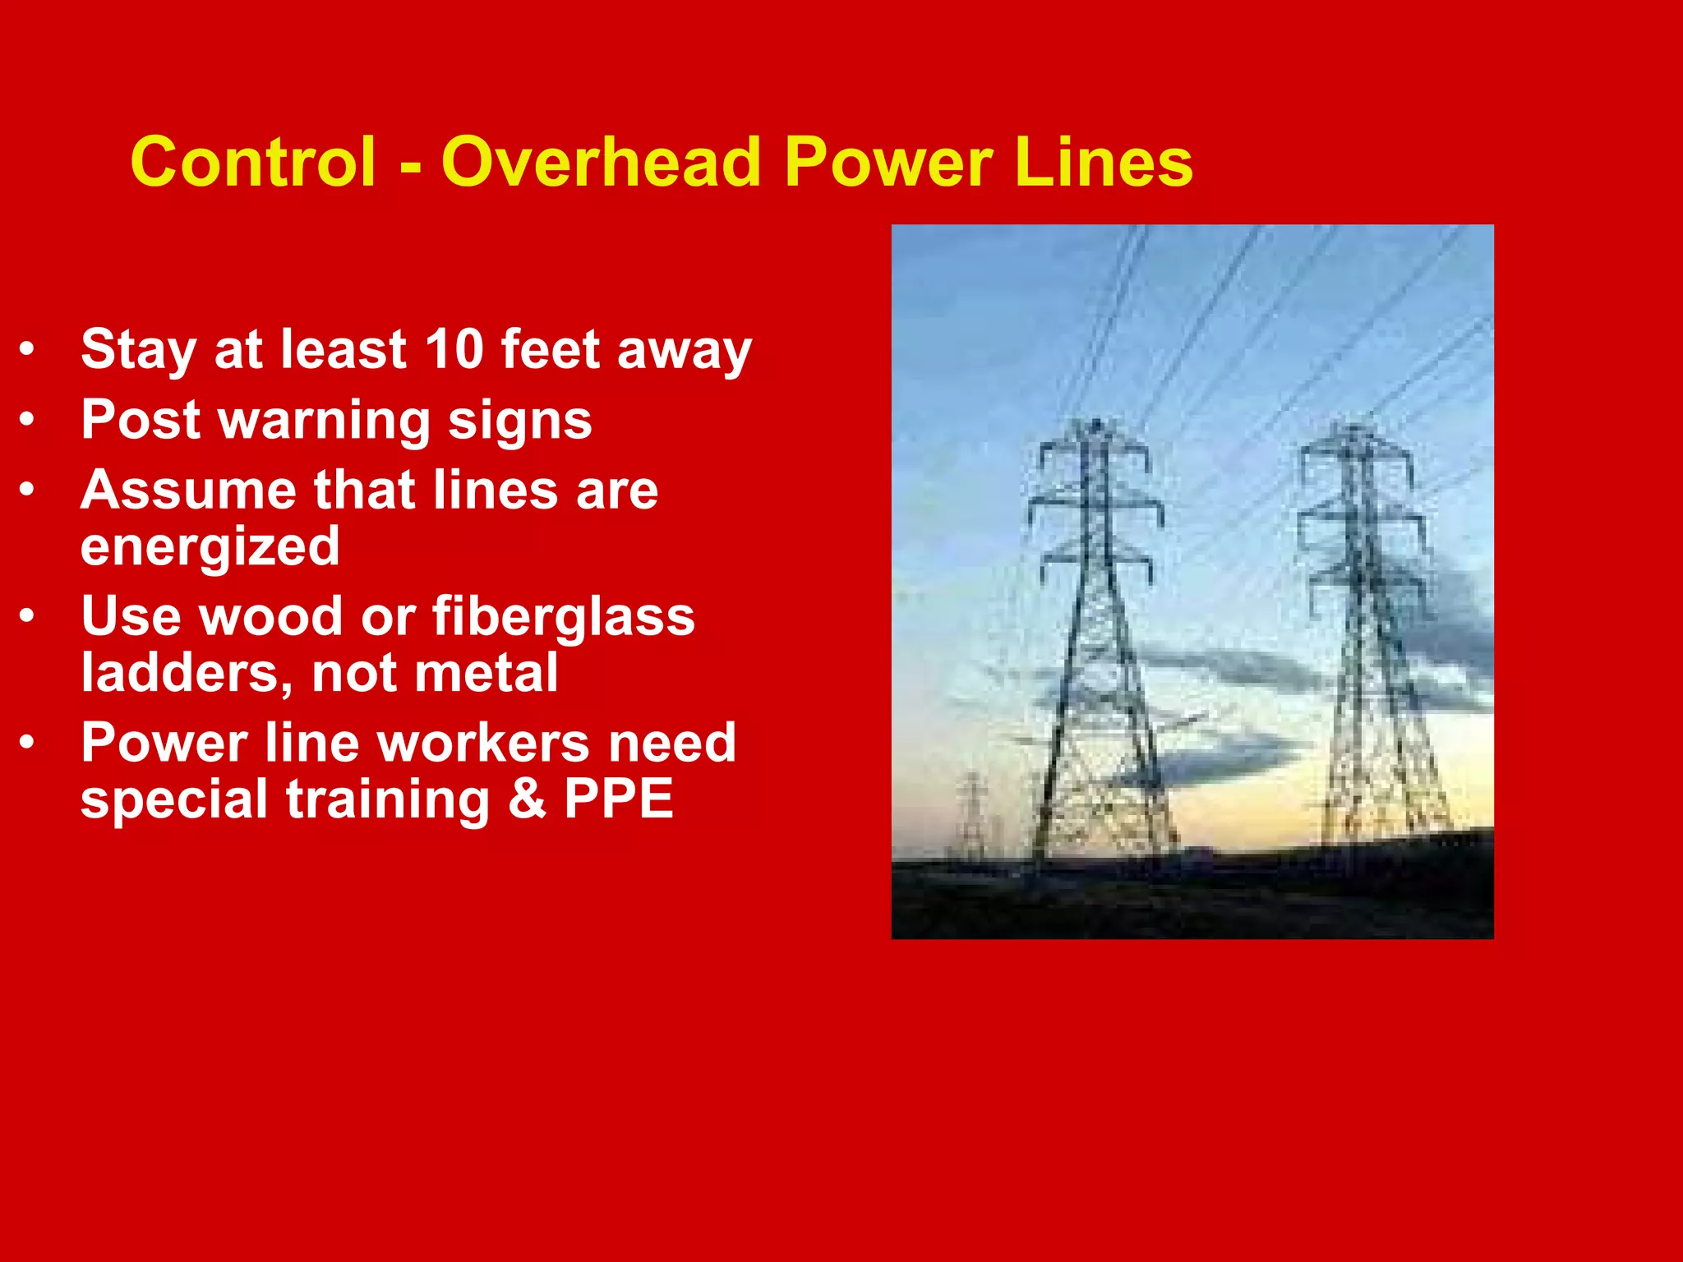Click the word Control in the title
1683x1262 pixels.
(x=253, y=162)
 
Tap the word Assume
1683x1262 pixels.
(x=188, y=491)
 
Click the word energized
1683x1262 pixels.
(x=210, y=547)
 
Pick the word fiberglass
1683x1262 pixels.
(x=564, y=616)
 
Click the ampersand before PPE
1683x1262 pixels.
(x=527, y=799)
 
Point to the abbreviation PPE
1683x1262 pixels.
(x=618, y=799)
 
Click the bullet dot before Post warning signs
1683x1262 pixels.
(x=28, y=421)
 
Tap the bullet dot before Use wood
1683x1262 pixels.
(x=28, y=616)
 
